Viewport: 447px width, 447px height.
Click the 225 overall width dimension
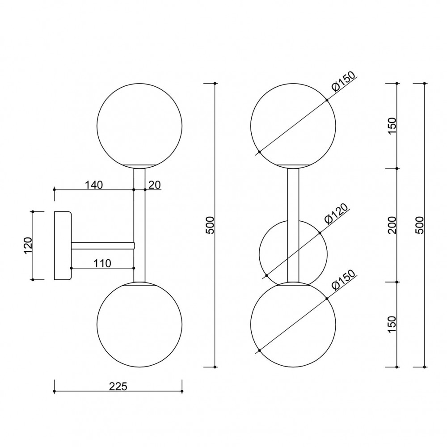tap(118, 387)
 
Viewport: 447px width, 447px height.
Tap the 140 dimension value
tap(94, 185)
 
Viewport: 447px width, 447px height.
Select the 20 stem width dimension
tap(155, 185)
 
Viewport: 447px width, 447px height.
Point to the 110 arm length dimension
tap(102, 263)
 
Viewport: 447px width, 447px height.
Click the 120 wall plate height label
tap(29, 245)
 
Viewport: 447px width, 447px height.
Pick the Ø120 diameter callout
tap(337, 214)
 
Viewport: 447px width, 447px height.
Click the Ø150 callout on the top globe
tap(344, 81)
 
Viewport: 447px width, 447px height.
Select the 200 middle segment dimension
tap(392, 225)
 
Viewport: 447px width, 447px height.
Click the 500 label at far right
tap(420, 225)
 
